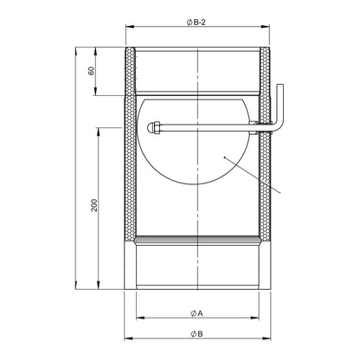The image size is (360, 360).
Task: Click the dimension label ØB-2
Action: [196, 22]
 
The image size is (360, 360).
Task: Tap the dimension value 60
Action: [91, 71]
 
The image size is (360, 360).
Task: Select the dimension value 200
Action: [94, 205]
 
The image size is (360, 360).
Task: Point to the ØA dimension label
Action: [196, 313]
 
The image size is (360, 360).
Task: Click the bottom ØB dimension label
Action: [196, 334]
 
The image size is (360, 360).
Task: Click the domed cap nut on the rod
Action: [153, 128]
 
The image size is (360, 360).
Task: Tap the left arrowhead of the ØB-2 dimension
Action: [130, 27]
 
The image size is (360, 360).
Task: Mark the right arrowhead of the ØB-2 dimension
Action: [266, 27]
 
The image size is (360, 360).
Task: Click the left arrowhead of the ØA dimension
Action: [140, 318]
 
